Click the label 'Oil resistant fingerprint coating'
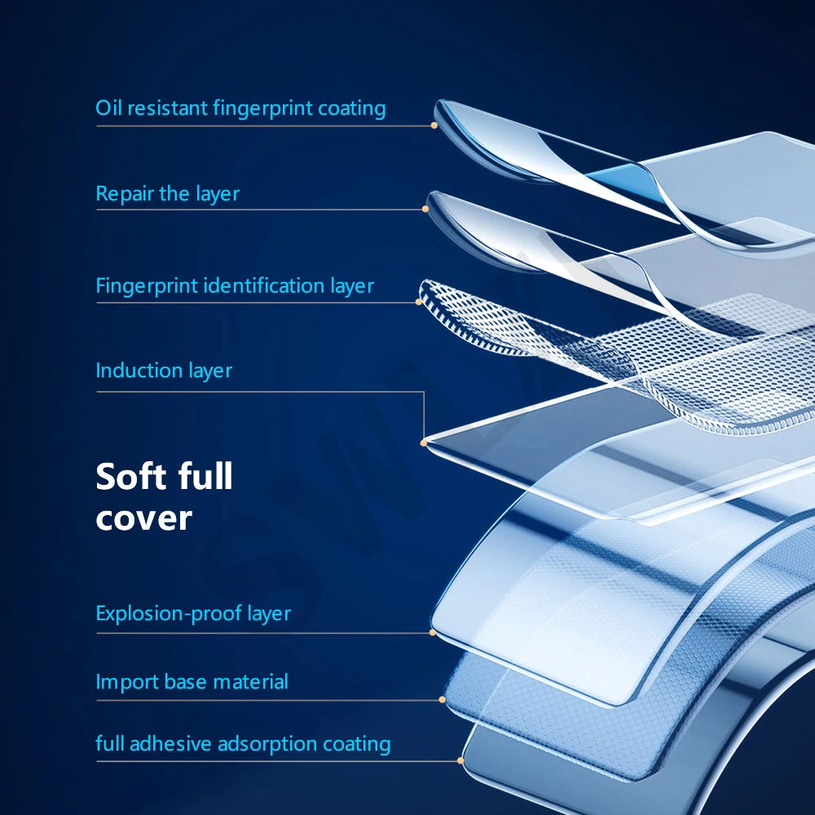[240, 108]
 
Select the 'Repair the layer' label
[168, 194]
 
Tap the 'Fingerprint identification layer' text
[235, 286]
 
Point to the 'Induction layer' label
[164, 371]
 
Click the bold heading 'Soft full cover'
[164, 496]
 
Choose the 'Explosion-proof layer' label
[193, 614]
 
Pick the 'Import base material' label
[192, 681]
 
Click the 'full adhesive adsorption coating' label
[243, 744]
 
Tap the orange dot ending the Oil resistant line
[434, 126]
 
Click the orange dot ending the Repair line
[425, 209]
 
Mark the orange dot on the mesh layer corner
[419, 302]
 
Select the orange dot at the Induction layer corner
[424, 443]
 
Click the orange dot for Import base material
[443, 699]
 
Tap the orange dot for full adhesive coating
[460, 761]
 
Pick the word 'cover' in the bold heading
[143, 518]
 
